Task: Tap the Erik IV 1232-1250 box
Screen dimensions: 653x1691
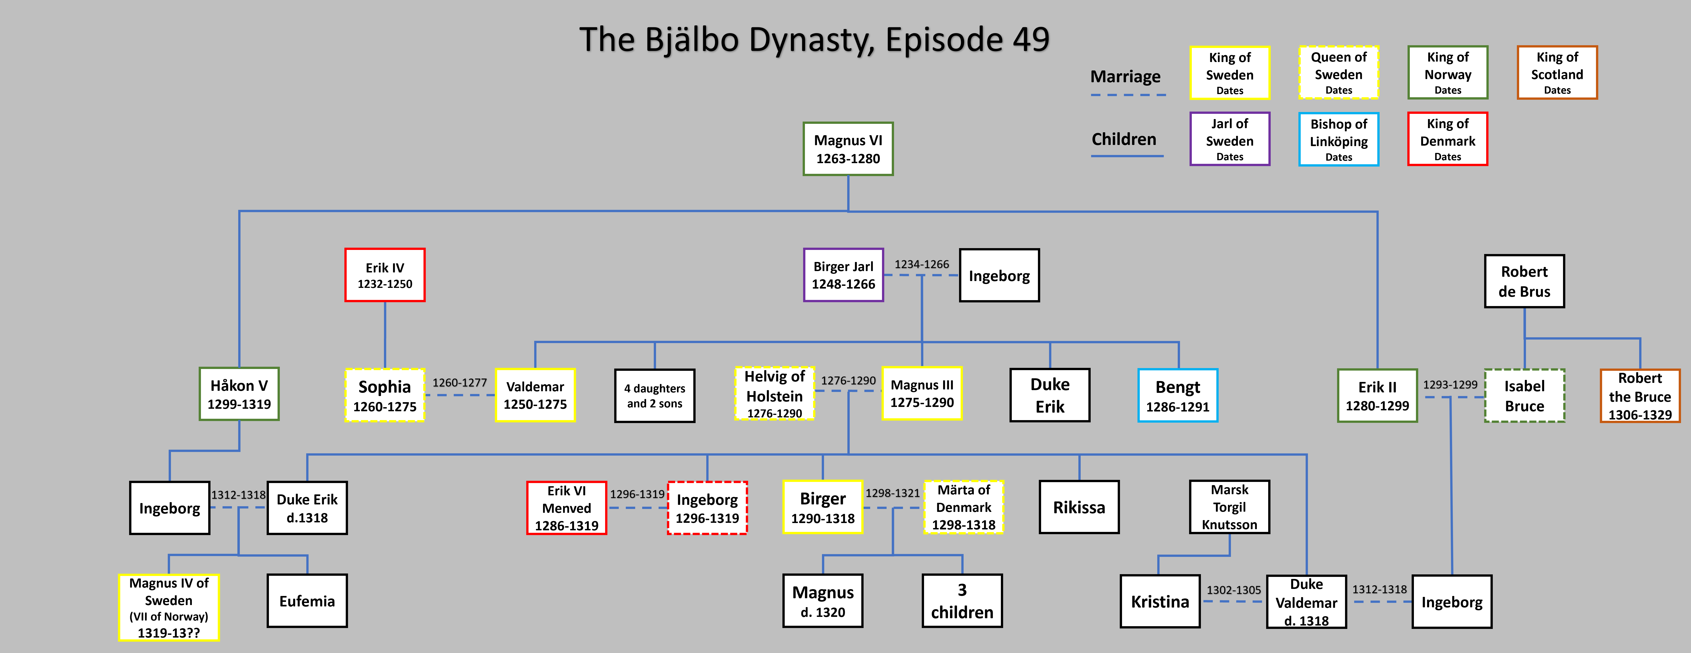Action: point(385,275)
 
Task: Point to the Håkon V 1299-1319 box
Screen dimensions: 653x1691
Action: point(239,394)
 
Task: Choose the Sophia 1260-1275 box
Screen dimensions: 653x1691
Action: point(385,395)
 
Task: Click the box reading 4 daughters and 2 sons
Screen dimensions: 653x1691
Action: point(654,396)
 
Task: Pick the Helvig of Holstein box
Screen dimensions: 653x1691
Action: point(775,394)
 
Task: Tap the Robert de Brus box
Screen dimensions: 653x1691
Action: point(1524,281)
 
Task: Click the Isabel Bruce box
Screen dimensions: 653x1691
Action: point(1524,396)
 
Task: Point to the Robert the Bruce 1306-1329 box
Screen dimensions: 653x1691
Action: point(1640,396)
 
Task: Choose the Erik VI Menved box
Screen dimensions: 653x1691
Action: point(566,508)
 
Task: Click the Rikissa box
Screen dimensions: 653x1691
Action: point(1079,507)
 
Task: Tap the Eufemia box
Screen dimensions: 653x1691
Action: point(307,601)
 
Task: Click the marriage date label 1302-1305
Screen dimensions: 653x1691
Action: point(1233,590)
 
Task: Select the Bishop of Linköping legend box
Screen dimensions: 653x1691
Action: point(1338,139)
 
